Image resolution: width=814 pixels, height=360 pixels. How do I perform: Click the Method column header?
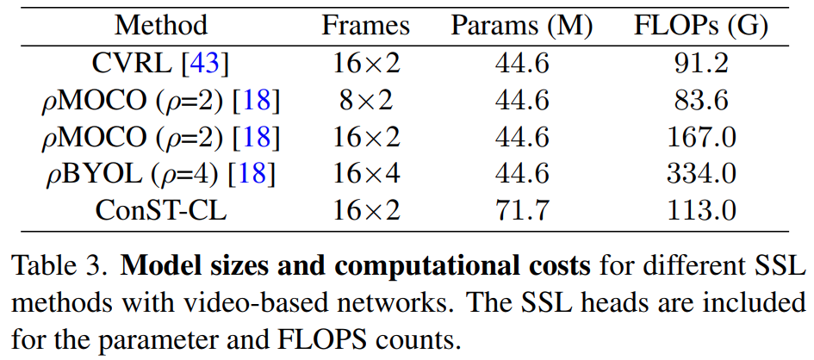click(161, 25)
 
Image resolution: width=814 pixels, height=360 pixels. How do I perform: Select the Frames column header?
click(365, 25)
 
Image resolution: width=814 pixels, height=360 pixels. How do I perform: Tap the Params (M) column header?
click(522, 25)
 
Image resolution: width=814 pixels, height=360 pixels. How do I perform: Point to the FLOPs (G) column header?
click(701, 25)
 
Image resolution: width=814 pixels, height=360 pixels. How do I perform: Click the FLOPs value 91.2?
click(701, 63)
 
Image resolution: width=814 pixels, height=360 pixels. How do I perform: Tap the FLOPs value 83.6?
click(701, 100)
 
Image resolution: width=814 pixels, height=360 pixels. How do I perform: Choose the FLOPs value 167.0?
click(701, 137)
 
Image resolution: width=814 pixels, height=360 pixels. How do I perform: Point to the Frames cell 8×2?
click(365, 100)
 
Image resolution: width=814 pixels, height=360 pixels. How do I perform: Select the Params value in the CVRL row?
click(522, 63)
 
